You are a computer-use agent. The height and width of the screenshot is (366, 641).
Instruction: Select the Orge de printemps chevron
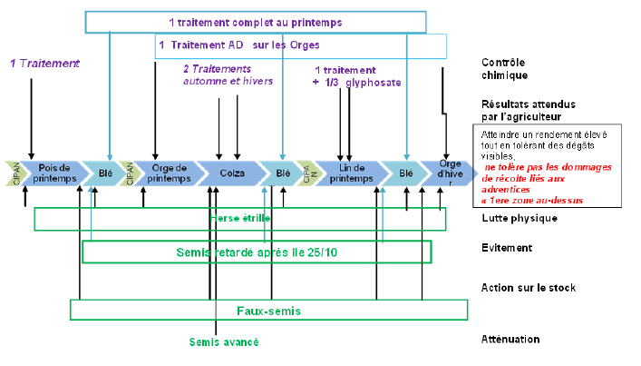coord(170,173)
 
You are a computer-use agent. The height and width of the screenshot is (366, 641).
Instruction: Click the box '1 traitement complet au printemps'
coord(255,22)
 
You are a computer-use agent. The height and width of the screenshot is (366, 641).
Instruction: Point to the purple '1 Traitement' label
coord(44,64)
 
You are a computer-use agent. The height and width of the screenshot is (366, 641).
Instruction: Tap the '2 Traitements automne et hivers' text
coord(228,74)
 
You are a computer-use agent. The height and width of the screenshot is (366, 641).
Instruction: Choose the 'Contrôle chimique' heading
coord(505,69)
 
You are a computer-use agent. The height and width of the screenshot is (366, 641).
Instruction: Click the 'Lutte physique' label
coord(518,218)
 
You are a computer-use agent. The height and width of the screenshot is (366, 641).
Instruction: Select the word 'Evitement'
coord(507,247)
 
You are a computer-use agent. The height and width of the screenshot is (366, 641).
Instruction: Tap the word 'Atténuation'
coord(511,339)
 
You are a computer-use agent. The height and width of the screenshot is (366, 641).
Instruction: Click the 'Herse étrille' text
coord(240,219)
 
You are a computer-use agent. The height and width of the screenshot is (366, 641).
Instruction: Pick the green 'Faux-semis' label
coord(268,311)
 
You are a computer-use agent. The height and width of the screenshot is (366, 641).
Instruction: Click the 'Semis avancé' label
coord(224,341)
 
